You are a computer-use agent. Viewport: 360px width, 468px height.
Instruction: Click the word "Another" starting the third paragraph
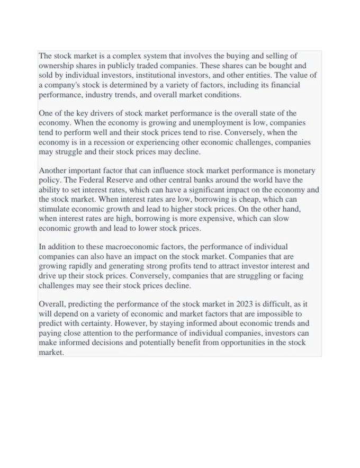tap(54, 171)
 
